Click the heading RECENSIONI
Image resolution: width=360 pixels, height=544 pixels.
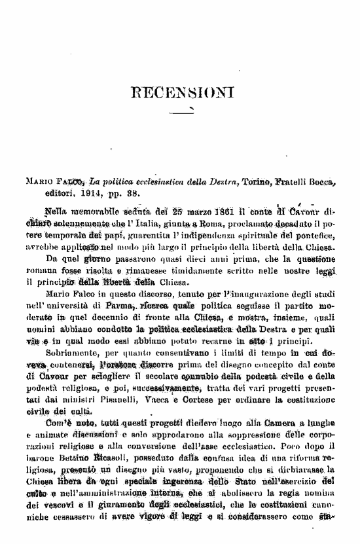click(182, 90)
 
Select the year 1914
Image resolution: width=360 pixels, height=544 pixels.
click(81, 194)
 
